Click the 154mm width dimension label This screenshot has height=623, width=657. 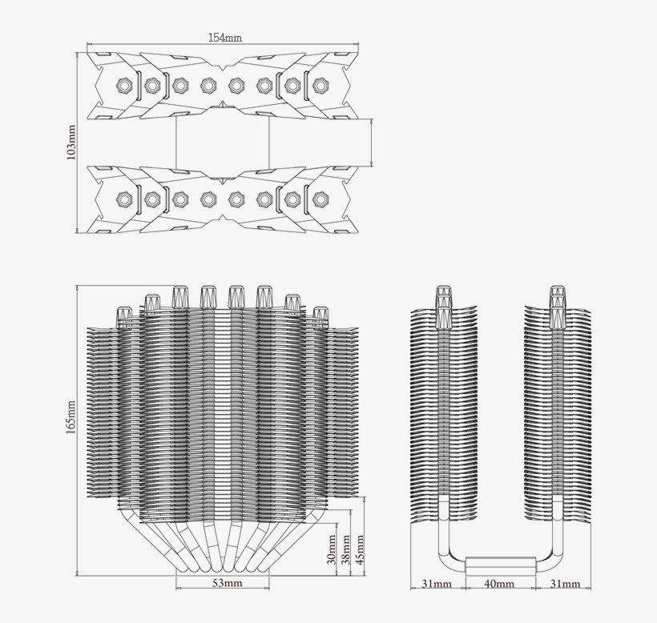(225, 38)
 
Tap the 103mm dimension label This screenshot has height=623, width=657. (71, 143)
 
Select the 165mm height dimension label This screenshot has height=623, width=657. (71, 417)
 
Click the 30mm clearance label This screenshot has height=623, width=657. (331, 549)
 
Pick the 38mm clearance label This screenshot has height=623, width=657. (345, 549)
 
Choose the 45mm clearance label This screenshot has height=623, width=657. (360, 549)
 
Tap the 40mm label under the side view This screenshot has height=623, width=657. (499, 584)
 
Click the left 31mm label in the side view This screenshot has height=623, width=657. (436, 584)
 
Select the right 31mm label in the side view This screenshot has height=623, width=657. (565, 584)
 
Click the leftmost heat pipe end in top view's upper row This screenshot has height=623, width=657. (124, 86)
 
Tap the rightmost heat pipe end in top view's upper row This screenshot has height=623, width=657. (320, 86)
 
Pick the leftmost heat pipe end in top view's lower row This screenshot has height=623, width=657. (124, 199)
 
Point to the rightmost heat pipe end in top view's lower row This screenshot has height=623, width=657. (320, 199)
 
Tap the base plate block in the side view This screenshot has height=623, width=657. (500, 565)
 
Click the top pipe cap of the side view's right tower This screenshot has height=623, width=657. (558, 292)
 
